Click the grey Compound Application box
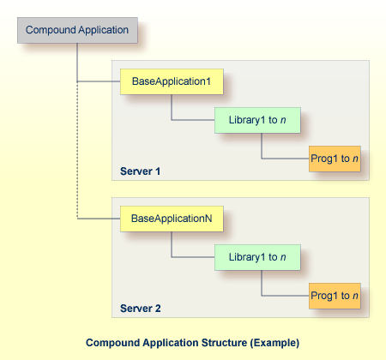tap(77, 31)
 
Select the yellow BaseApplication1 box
tap(171, 82)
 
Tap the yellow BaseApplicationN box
tap(171, 219)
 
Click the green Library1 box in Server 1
tap(257, 121)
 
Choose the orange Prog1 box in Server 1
tap(334, 159)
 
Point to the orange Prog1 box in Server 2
tap(334, 297)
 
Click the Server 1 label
tap(141, 171)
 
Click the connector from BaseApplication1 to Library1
tap(172, 107)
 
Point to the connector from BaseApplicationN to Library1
tap(172, 244)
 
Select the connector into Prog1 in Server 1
tap(262, 147)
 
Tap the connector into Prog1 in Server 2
tap(262, 285)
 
